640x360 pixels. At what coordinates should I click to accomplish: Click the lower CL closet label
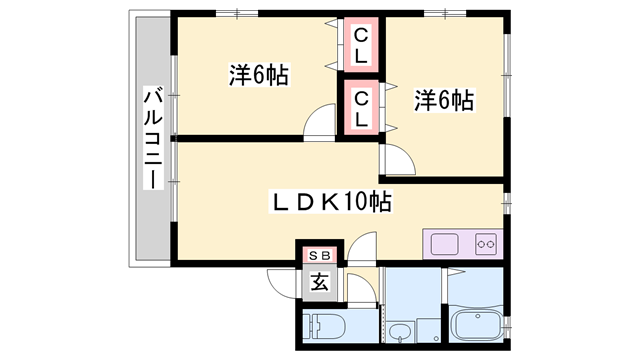coord(361,107)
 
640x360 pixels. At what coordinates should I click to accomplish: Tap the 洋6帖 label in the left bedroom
coord(258,75)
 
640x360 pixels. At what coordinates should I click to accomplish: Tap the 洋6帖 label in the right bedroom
coord(443,100)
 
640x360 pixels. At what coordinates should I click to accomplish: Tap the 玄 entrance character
coord(319,281)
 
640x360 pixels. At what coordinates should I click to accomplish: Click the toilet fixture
coord(325,326)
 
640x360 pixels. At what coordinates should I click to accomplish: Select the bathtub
coord(480,326)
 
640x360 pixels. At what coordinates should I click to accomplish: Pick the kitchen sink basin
coord(443,243)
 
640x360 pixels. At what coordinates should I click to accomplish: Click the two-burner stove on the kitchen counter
coord(486,243)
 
